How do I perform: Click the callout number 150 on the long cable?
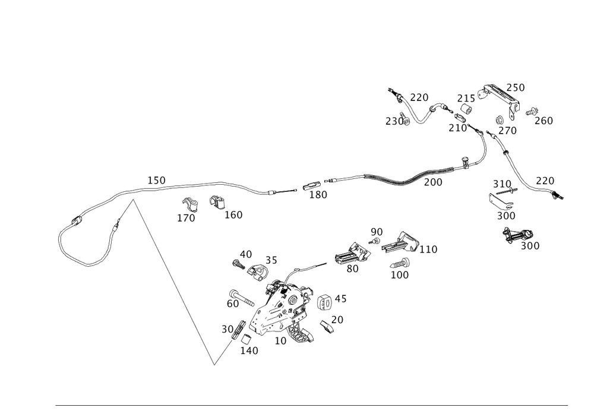[x=157, y=179]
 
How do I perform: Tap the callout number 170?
[x=186, y=218]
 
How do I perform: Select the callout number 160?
[x=233, y=215]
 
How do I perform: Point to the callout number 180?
[x=319, y=195]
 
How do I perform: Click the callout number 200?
[x=433, y=183]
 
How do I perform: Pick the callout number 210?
[x=457, y=128]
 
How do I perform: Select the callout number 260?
[x=544, y=121]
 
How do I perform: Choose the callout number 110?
[x=428, y=250]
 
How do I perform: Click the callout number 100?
[x=400, y=275]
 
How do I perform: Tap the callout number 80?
[x=352, y=269]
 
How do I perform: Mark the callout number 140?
[x=249, y=350]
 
